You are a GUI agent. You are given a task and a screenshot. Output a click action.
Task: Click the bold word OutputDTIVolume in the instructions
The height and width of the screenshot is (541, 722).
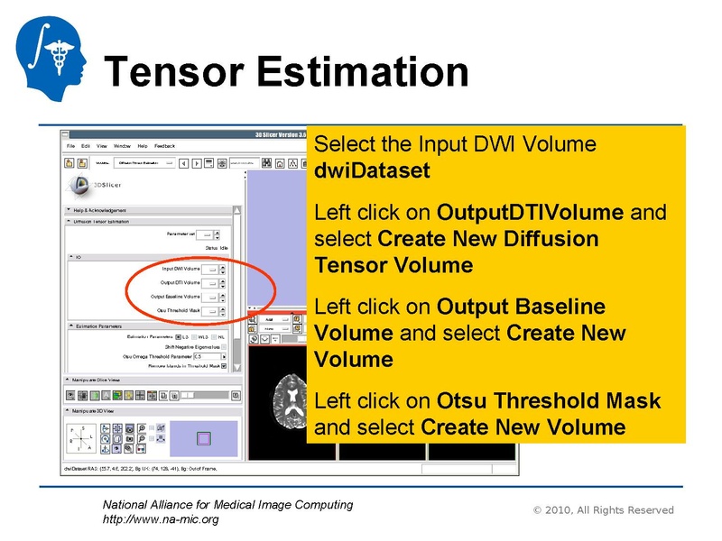pyautogui.click(x=530, y=213)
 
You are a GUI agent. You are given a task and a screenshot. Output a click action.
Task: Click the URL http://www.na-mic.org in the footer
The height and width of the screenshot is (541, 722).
pyautogui.click(x=160, y=519)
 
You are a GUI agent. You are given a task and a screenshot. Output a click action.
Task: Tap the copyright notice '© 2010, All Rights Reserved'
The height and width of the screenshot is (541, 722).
pyautogui.click(x=604, y=510)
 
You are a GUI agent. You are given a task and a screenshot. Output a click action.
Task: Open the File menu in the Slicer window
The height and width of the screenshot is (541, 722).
pyautogui.click(x=71, y=145)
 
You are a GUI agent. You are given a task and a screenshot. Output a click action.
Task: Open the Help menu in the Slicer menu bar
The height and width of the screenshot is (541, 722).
pyautogui.click(x=143, y=145)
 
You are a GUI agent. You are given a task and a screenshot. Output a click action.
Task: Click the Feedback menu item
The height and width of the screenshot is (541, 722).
pyautogui.click(x=165, y=145)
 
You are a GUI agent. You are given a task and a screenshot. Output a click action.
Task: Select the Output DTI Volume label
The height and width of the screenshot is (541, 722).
pyautogui.click(x=180, y=282)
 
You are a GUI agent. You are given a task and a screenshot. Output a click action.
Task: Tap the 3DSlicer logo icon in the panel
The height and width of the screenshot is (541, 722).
pyautogui.click(x=79, y=185)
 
